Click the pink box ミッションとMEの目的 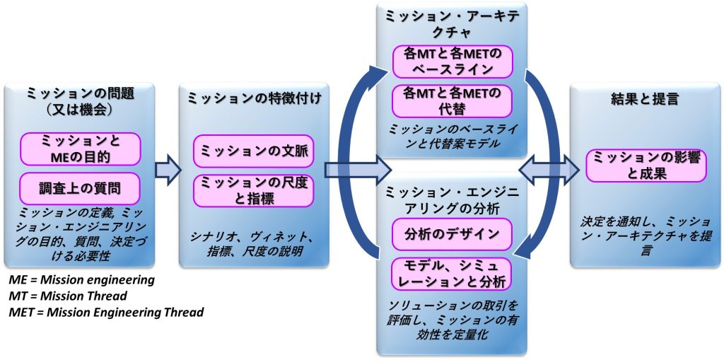pyautogui.click(x=80, y=149)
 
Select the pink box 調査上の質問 pyautogui.click(x=80, y=187)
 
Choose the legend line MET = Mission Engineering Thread pyautogui.click(x=103, y=312)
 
